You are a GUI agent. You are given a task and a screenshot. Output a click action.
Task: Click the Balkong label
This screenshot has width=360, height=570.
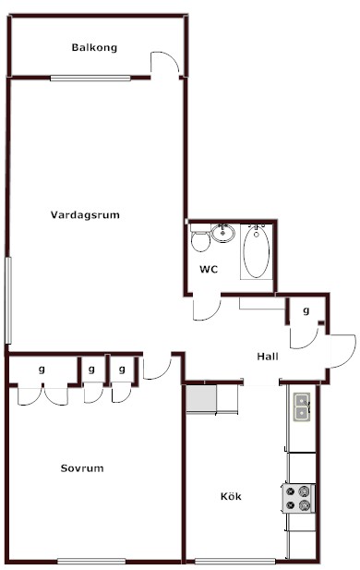point(94,48)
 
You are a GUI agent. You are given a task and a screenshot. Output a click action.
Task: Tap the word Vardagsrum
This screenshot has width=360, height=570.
point(85,215)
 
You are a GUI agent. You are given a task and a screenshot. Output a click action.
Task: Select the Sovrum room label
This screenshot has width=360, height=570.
point(82,468)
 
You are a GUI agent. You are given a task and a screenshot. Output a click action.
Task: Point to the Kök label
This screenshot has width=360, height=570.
point(231,496)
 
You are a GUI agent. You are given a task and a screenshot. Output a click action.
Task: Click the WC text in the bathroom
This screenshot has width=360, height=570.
point(209,270)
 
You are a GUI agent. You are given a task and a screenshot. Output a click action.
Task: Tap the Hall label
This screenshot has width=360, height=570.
point(268,357)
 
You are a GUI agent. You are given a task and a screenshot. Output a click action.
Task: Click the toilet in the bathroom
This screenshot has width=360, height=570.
point(200,237)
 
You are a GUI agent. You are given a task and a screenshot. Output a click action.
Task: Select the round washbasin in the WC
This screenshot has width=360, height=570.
point(223,233)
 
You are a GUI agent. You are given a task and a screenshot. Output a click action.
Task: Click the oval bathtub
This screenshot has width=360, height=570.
point(257,252)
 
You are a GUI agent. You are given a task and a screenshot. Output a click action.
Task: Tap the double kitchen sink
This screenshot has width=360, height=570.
point(302,407)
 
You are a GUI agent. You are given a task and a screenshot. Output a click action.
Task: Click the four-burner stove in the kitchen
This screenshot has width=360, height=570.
point(298,498)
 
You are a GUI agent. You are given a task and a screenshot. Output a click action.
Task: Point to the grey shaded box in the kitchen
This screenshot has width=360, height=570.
point(201,398)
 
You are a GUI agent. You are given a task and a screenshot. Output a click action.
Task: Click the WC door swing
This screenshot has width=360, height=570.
point(207,309)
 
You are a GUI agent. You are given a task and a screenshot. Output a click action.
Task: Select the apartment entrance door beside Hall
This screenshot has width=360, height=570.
point(343,351)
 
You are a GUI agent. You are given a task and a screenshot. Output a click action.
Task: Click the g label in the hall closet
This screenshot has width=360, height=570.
point(306,310)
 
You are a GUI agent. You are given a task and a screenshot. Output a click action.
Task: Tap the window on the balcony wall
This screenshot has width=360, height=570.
point(90,78)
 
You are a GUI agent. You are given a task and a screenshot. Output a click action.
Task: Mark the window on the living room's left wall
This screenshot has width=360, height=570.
point(8,300)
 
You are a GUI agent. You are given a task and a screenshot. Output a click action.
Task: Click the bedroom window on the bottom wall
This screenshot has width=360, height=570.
point(91,561)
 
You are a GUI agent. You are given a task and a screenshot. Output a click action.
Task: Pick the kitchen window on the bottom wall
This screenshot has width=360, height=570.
point(235,561)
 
